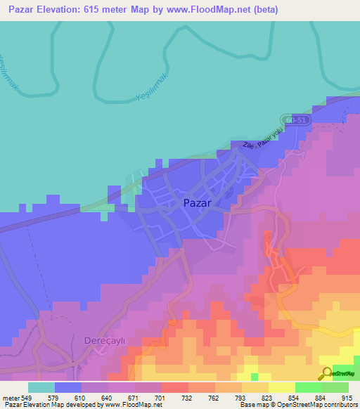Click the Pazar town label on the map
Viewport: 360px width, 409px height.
click(198, 202)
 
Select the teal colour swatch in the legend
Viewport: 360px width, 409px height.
click(41, 387)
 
